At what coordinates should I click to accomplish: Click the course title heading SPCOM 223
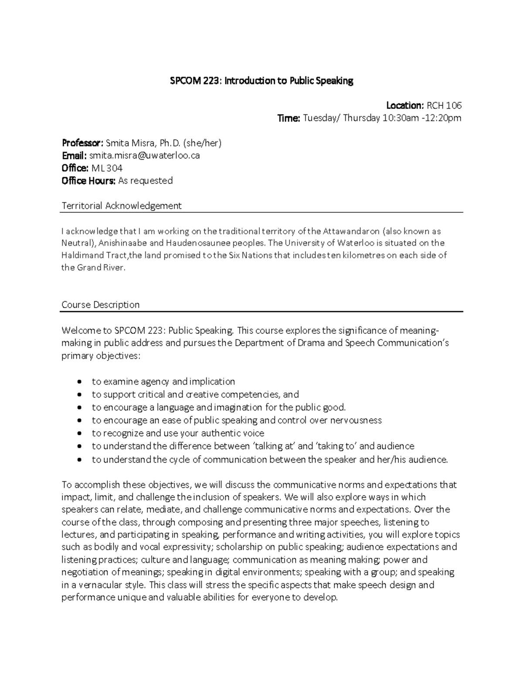click(x=261, y=81)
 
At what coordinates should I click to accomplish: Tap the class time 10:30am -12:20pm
click(x=421, y=118)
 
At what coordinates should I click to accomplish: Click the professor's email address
click(x=144, y=155)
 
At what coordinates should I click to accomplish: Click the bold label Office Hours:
click(x=88, y=181)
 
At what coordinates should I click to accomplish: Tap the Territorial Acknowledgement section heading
click(x=122, y=205)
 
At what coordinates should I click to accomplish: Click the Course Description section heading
click(x=101, y=305)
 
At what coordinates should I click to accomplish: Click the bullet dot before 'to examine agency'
click(x=79, y=382)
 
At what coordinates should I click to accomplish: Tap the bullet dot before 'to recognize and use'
click(x=79, y=434)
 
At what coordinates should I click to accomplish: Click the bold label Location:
click(x=404, y=105)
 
